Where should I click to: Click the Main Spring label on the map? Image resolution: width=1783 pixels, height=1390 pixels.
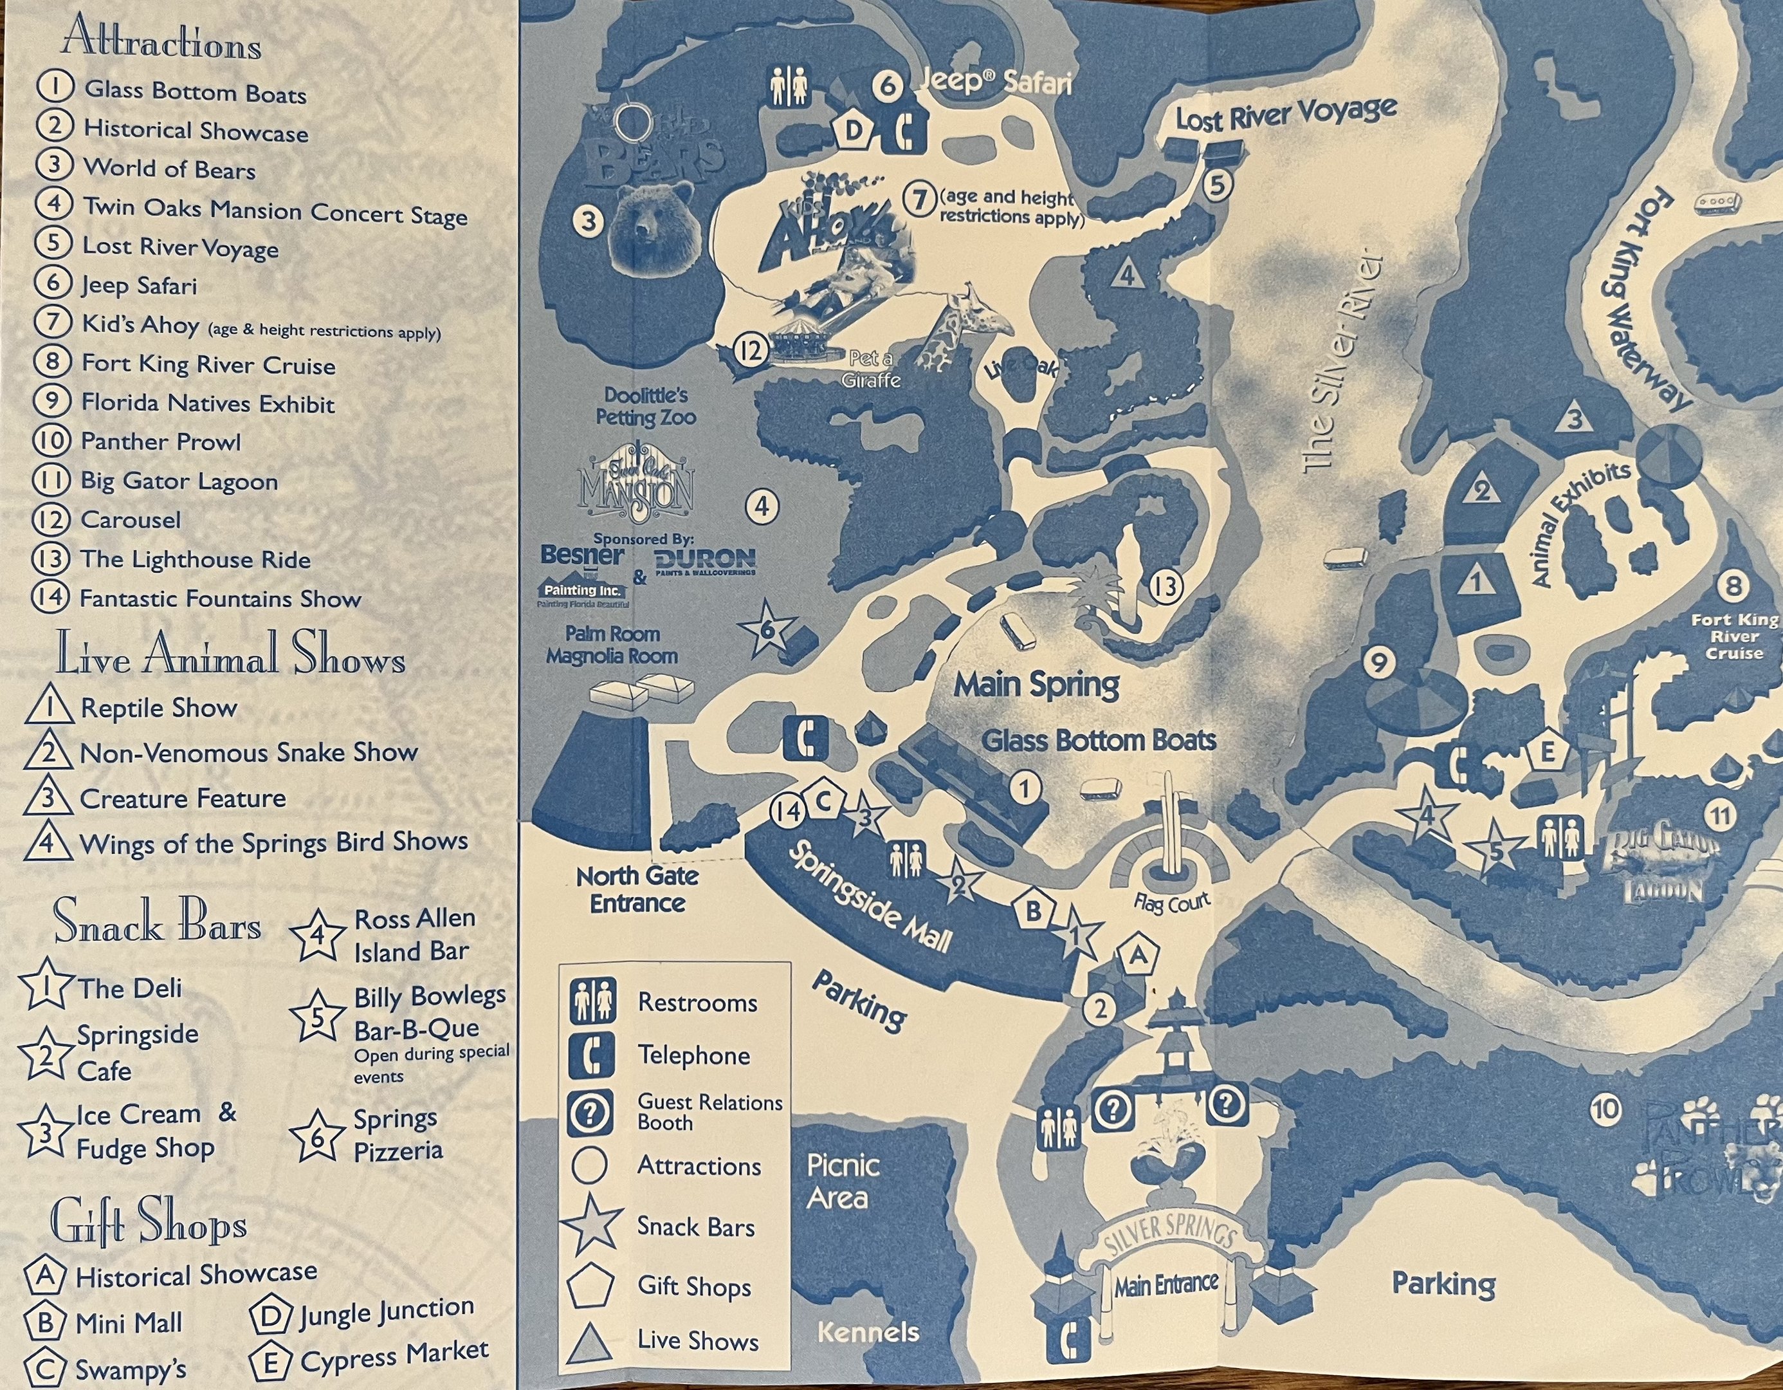pyautogui.click(x=1037, y=685)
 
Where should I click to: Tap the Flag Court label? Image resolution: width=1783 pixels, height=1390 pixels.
pyautogui.click(x=1171, y=903)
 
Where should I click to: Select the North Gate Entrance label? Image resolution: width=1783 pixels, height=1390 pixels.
pyautogui.click(x=637, y=889)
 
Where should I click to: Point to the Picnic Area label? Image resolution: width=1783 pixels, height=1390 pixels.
pyautogui.click(x=843, y=1181)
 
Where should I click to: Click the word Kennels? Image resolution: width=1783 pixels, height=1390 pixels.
pyautogui.click(x=868, y=1332)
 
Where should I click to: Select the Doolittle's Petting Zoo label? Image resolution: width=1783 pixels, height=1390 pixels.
pyautogui.click(x=646, y=406)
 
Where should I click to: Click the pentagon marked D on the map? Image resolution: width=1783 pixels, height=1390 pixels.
pyautogui.click(x=852, y=130)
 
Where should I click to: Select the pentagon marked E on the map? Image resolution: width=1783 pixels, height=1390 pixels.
pyautogui.click(x=1546, y=752)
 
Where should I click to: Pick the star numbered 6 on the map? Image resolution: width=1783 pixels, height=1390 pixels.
pyautogui.click(x=767, y=628)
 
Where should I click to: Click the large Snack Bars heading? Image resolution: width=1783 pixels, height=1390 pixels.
pyautogui.click(x=157, y=923)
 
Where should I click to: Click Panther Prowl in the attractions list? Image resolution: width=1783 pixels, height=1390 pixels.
pyautogui.click(x=160, y=442)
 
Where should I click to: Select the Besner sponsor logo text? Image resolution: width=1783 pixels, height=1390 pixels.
pyautogui.click(x=582, y=555)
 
